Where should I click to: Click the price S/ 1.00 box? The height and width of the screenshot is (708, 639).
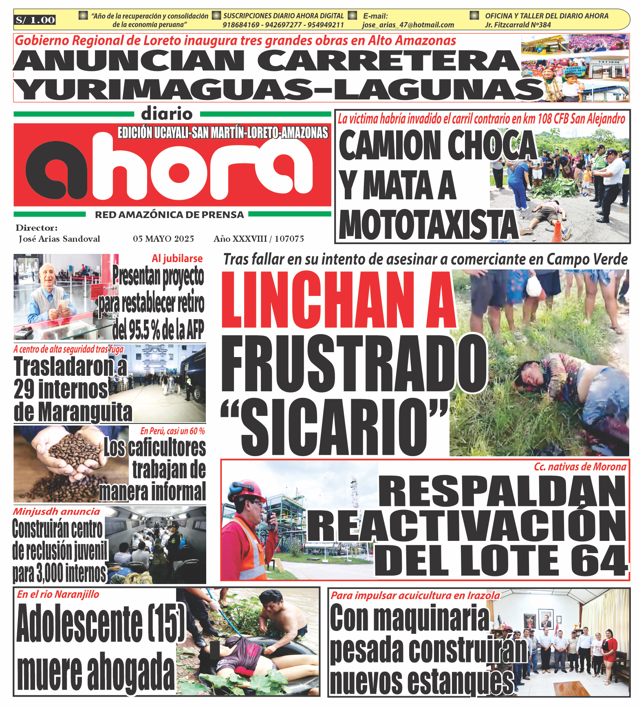35,20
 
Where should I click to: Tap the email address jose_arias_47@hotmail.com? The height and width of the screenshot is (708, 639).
408,25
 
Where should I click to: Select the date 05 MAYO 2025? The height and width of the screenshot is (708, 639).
163,239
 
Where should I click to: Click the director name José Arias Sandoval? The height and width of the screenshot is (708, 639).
59,239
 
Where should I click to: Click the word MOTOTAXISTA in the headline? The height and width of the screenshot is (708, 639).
428,225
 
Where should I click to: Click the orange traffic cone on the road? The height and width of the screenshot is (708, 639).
557,231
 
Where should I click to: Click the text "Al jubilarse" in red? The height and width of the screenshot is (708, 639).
177,258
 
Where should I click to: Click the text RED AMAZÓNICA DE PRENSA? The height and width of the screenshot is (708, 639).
169,215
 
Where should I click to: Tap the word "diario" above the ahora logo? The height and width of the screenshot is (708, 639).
167,114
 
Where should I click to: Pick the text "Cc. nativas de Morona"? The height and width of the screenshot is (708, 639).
580,467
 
